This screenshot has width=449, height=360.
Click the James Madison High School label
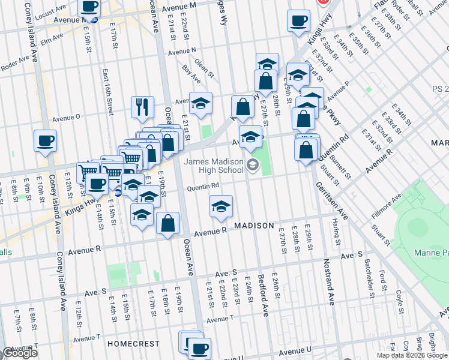214,166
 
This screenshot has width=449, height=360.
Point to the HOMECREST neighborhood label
134,344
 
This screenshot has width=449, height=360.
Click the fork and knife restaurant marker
142,107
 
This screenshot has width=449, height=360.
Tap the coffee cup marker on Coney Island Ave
45,142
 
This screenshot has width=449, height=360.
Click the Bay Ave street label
191,75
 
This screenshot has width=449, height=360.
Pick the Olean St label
204,68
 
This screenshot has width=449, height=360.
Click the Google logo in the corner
20,353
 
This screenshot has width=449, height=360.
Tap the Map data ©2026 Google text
411,355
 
